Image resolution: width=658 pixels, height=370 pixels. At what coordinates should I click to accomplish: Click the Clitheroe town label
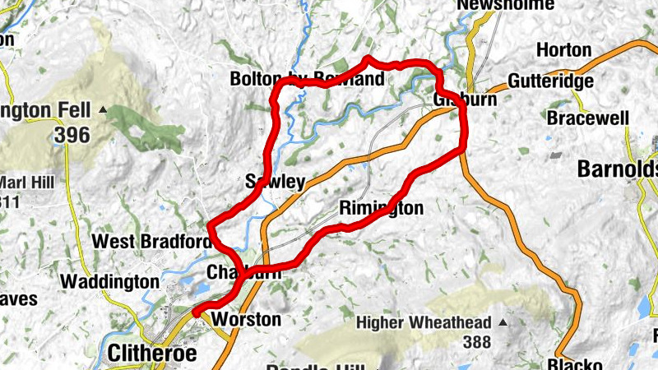tap(153, 353)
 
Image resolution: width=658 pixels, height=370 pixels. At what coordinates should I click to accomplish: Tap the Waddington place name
tap(109, 281)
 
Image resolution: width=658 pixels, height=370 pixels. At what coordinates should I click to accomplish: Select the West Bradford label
tap(152, 242)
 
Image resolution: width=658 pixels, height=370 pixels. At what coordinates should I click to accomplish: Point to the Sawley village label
tap(276, 182)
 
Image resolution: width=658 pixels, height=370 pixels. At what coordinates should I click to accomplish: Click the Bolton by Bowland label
tap(307, 80)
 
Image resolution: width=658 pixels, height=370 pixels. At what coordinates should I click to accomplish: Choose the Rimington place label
tap(381, 208)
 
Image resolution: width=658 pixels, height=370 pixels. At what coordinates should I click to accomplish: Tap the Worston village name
tap(246, 319)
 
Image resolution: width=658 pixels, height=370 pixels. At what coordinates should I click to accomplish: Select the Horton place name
tap(563, 50)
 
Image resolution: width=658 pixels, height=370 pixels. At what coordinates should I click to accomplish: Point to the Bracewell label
tap(588, 118)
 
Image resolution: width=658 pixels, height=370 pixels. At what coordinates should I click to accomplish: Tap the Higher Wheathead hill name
tap(424, 323)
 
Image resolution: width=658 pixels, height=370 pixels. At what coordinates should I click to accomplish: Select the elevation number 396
tap(73, 135)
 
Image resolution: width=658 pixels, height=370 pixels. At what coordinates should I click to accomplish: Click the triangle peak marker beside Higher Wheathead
tap(503, 323)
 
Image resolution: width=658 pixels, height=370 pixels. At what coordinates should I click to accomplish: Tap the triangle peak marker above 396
tap(103, 109)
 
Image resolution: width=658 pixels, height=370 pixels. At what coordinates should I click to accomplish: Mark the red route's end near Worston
tap(195, 312)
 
